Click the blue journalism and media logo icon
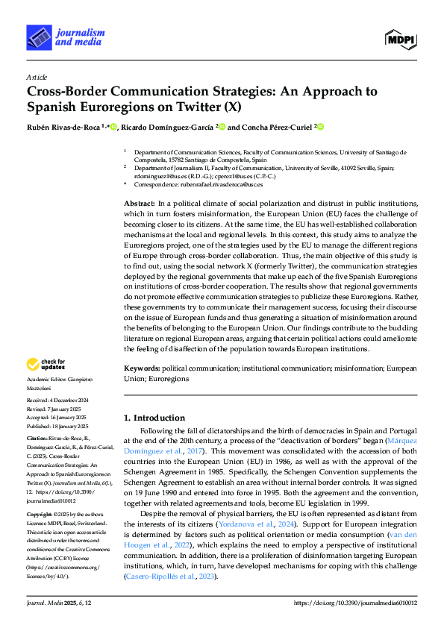point(37,36)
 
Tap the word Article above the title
point(37,77)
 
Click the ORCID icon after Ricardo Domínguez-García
point(222,128)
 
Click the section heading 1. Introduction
point(154,418)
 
